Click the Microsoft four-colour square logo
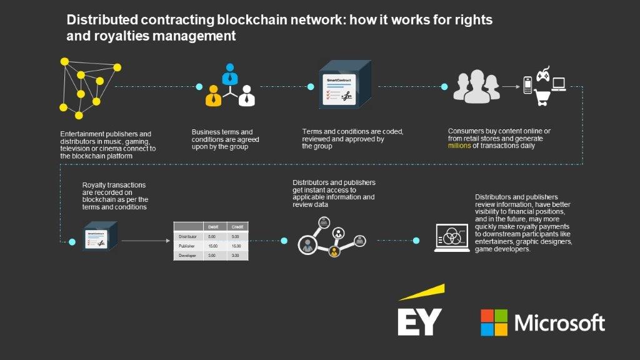click(494, 322)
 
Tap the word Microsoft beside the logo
click(559, 323)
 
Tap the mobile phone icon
click(527, 85)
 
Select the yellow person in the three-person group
click(214, 94)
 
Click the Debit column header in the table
click(213, 227)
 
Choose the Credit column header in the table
click(236, 227)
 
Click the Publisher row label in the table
click(188, 246)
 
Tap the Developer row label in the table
click(188, 256)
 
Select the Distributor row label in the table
click(188, 237)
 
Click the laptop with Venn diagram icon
click(452, 237)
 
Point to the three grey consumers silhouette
click(476, 86)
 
